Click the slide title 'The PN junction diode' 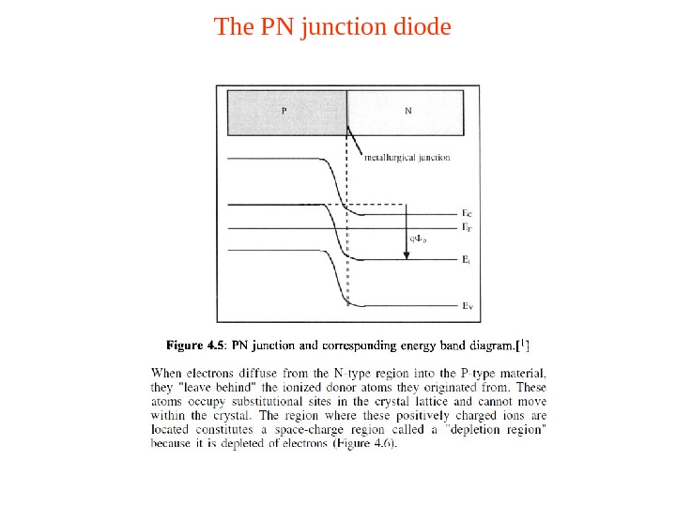(332, 26)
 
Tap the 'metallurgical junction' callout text (407, 158)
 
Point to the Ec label (467, 214)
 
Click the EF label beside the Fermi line (467, 227)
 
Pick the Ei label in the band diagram (466, 260)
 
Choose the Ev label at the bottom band (467, 306)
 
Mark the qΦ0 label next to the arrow (418, 240)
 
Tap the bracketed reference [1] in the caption (524, 343)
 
